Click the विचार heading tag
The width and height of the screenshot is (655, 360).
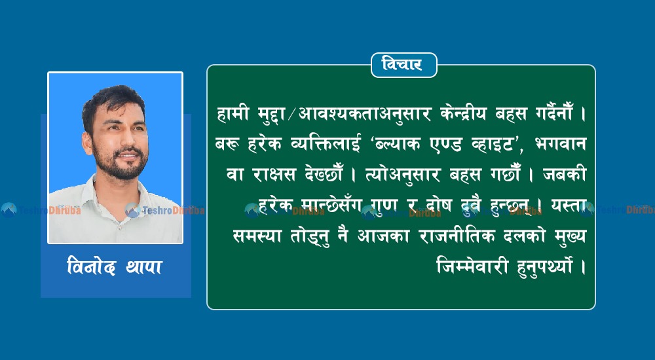(x=404, y=65)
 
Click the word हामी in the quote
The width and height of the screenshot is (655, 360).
(x=233, y=114)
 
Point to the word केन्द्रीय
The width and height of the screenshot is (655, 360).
(x=464, y=114)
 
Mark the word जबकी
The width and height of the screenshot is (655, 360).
(x=565, y=175)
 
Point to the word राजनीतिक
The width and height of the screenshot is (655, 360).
(x=457, y=236)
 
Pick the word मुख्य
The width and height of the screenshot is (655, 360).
(x=571, y=237)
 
